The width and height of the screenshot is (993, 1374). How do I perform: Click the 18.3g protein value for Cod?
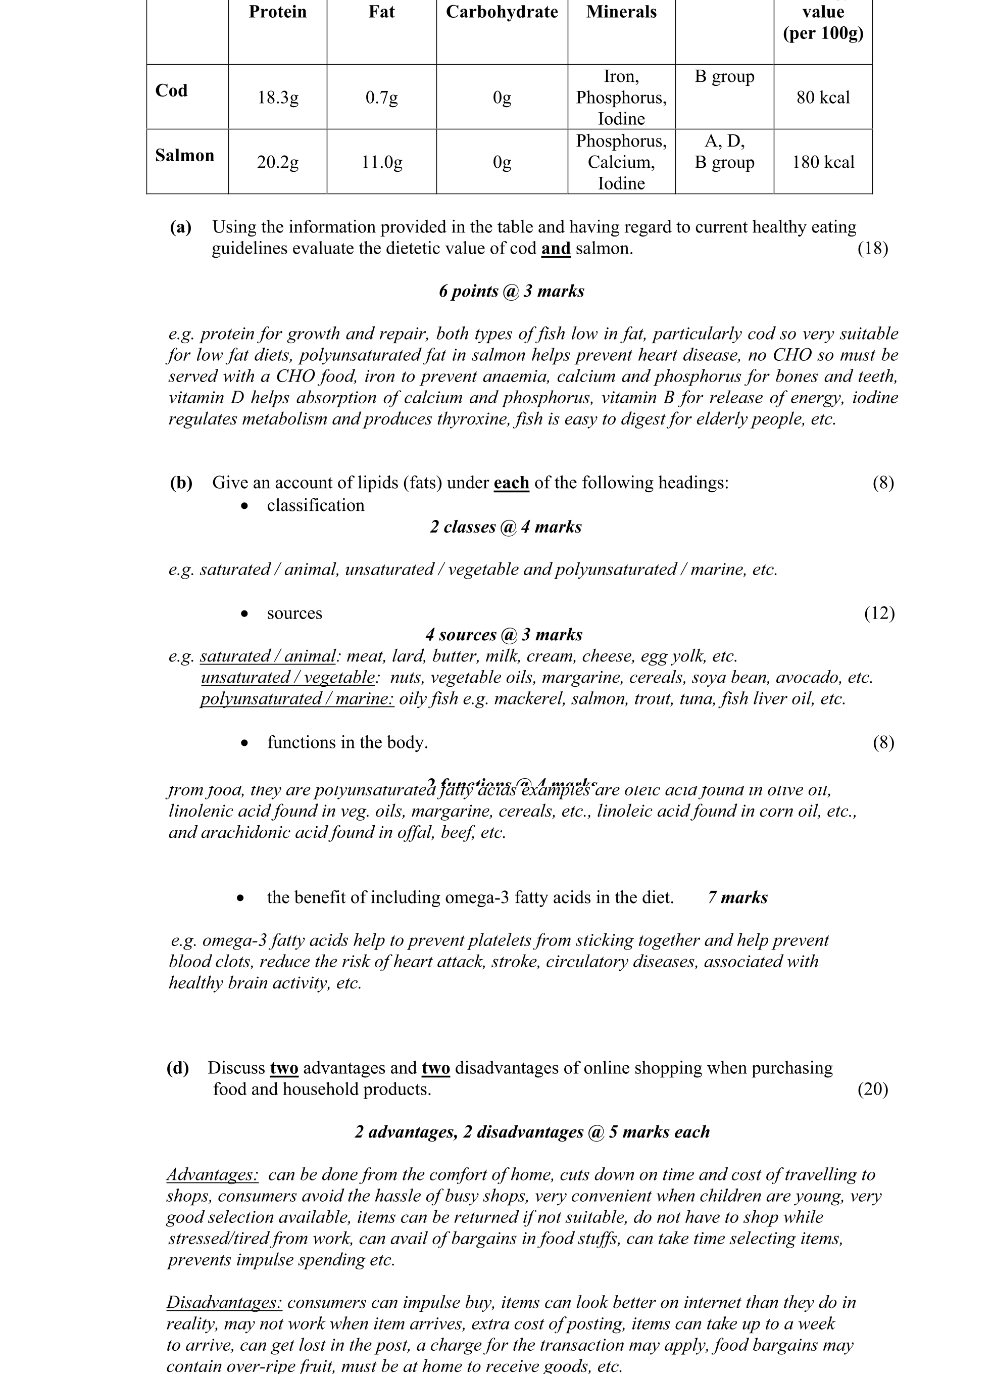pyautogui.click(x=278, y=98)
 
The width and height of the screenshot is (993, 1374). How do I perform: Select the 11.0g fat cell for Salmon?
pyautogui.click(x=381, y=162)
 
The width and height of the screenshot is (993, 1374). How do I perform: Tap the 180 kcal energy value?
pyautogui.click(x=823, y=162)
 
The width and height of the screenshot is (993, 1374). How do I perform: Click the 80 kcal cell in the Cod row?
pyautogui.click(x=823, y=98)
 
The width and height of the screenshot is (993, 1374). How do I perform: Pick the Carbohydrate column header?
pyautogui.click(x=502, y=12)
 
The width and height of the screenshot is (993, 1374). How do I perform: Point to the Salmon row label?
pyautogui.click(x=185, y=156)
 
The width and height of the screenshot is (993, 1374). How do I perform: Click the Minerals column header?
pyautogui.click(x=621, y=12)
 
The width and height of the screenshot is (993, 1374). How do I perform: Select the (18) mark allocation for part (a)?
pyautogui.click(x=872, y=249)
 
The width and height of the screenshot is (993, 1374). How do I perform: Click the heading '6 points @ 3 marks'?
pyautogui.click(x=512, y=292)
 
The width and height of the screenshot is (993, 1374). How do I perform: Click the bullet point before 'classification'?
pyautogui.click(x=244, y=506)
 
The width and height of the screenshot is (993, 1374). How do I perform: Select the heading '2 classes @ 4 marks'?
pyautogui.click(x=506, y=527)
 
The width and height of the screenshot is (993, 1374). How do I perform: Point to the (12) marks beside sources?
pyautogui.click(x=879, y=613)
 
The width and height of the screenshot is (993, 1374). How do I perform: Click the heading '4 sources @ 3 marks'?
pyautogui.click(x=504, y=635)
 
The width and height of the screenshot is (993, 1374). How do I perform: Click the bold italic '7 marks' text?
pyautogui.click(x=737, y=898)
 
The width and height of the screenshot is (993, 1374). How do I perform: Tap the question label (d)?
pyautogui.click(x=177, y=1068)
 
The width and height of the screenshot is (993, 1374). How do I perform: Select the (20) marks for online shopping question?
pyautogui.click(x=872, y=1090)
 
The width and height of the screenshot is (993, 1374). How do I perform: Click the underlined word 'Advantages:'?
pyautogui.click(x=213, y=1175)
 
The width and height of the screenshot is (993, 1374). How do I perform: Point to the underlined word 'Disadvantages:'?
pyautogui.click(x=224, y=1303)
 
